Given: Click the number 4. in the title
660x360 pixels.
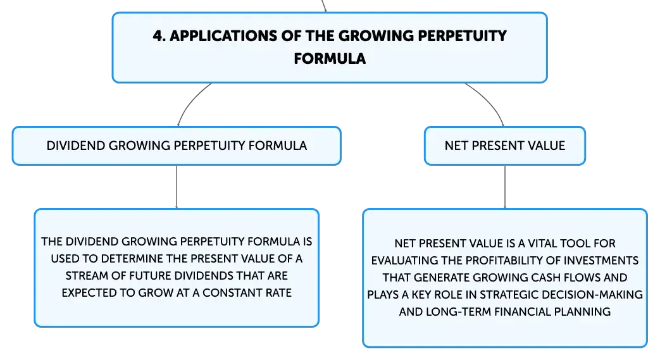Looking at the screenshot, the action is click(x=159, y=36).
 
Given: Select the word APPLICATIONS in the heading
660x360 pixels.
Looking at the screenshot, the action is click(x=223, y=36).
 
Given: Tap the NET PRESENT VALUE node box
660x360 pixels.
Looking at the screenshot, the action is click(x=505, y=146).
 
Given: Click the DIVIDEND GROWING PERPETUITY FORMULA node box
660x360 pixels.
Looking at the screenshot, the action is click(x=177, y=146).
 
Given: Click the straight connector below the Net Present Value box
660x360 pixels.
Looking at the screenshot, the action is click(x=505, y=187).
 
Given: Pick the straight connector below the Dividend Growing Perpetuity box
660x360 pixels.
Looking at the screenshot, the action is click(x=177, y=187).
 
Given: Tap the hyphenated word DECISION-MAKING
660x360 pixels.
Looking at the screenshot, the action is click(x=592, y=295).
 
